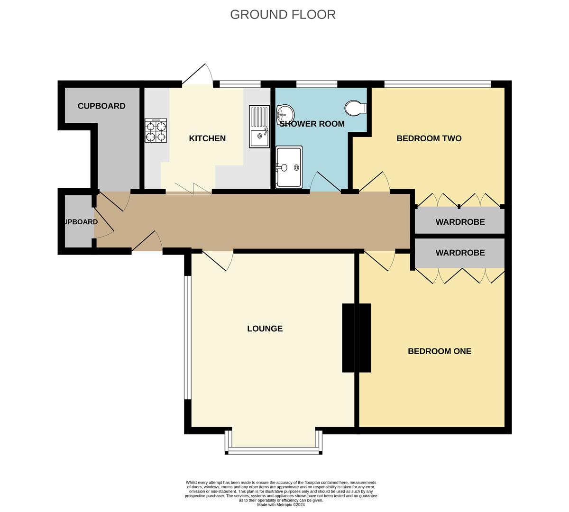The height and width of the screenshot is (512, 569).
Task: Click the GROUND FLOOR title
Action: pyautogui.click(x=283, y=15)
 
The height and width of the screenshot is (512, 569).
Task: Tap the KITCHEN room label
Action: pyautogui.click(x=207, y=138)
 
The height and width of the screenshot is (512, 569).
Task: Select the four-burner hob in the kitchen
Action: pyautogui.click(x=156, y=131)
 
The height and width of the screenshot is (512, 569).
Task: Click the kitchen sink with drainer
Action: pyautogui.click(x=259, y=127)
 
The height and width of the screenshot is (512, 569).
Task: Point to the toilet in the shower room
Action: pyautogui.click(x=356, y=108)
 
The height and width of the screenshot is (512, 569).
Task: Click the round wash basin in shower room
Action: pyautogui.click(x=285, y=113)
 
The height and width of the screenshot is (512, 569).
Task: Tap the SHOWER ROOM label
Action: pyautogui.click(x=312, y=124)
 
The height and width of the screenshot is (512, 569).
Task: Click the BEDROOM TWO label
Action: pyautogui.click(x=429, y=138)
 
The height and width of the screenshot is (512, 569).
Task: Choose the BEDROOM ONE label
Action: pyautogui.click(x=439, y=351)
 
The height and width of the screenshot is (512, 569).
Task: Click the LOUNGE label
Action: pyautogui.click(x=265, y=329)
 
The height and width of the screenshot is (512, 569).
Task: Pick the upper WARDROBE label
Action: pyautogui.click(x=460, y=222)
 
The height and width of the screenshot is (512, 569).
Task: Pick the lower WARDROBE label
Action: pyautogui.click(x=460, y=253)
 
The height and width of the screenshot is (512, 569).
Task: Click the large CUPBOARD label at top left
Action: pyautogui.click(x=101, y=106)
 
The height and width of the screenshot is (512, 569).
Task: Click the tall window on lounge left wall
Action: pyautogui.click(x=188, y=338)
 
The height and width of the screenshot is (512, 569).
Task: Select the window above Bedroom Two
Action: pyautogui.click(x=437, y=84)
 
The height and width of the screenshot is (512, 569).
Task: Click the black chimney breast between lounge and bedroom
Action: pyautogui.click(x=356, y=338)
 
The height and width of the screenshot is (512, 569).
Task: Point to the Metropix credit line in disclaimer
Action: pyautogui.click(x=281, y=505)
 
